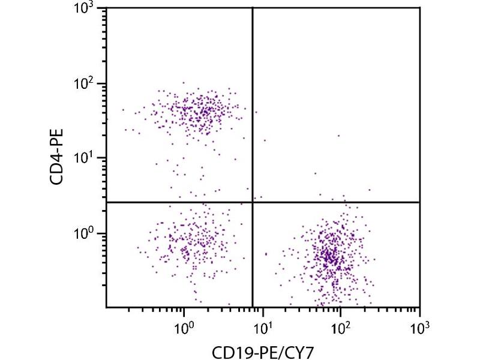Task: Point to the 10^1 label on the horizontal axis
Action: [x=262, y=326]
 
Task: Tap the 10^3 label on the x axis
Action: [x=419, y=326]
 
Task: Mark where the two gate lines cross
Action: [x=253, y=202]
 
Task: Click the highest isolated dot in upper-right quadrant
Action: [x=338, y=136]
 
